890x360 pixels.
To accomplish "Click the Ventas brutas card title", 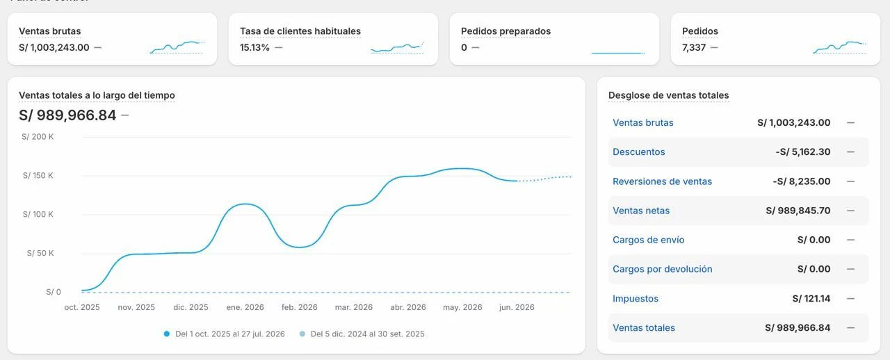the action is [x=49, y=31].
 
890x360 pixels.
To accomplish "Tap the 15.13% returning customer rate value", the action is [x=254, y=47].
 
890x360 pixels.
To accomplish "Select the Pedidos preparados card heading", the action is [x=505, y=31].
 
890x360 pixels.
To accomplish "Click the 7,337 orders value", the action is [x=694, y=48].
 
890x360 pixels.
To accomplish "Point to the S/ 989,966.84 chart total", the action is [x=67, y=115].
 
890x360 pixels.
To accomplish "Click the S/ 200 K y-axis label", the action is [x=38, y=137].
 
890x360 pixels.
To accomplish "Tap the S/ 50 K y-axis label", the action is [x=40, y=253].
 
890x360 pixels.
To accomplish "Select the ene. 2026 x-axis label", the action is [x=245, y=307].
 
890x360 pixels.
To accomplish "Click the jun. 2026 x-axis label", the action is [x=517, y=307].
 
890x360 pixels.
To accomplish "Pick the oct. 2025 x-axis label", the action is [x=82, y=307].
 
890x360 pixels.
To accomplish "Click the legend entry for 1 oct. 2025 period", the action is [x=225, y=334].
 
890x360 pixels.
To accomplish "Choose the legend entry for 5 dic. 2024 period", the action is [x=362, y=334].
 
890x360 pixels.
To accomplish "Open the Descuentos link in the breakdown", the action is [x=638, y=152].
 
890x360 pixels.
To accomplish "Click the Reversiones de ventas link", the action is [x=662, y=181].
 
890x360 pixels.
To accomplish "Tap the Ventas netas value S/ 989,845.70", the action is [x=798, y=211].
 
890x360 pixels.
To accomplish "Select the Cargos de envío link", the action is [x=649, y=240].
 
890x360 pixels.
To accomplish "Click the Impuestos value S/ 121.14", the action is [x=811, y=298].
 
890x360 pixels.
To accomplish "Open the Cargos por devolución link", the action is [x=663, y=269].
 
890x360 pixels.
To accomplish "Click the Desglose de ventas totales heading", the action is [x=668, y=95].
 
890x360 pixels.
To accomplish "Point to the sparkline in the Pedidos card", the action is [x=839, y=47].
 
